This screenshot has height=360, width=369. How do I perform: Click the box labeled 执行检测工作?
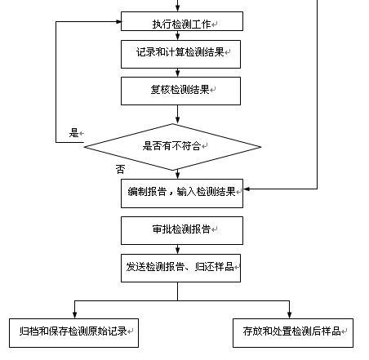[182, 21]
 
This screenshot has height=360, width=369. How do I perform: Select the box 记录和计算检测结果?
[180, 54]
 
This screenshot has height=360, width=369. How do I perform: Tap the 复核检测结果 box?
[180, 91]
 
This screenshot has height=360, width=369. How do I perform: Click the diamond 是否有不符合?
[172, 147]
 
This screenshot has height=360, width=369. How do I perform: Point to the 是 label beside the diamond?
[73, 133]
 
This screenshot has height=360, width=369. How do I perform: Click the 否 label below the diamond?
[120, 169]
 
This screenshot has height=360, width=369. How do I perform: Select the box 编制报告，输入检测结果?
[182, 193]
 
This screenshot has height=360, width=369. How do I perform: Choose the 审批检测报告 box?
[182, 230]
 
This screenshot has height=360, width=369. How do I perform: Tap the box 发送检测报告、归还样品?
[180, 268]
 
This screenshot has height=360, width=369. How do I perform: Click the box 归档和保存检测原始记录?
[73, 333]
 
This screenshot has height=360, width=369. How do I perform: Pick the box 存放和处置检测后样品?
[293, 333]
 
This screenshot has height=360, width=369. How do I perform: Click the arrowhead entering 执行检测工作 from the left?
[118, 22]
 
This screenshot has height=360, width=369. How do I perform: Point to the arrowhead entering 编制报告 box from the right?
[247, 189]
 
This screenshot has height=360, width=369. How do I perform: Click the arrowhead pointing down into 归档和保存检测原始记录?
[75, 315]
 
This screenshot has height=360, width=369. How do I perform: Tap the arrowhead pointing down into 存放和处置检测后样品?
[289, 315]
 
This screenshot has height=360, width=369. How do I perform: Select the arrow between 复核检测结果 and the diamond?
[178, 114]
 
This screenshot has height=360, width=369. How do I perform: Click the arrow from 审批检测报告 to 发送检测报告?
[178, 249]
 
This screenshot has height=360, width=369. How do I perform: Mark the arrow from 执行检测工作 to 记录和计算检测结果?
[178, 35]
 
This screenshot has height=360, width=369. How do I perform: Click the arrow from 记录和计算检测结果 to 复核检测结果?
[178, 73]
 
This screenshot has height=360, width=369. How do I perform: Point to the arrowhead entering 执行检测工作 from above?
[178, 8]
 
